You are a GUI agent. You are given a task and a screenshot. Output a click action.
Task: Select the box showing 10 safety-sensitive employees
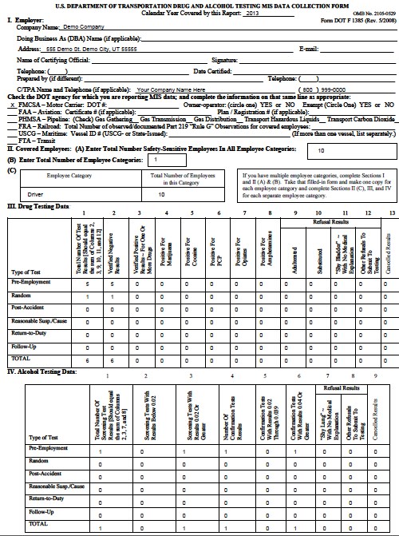(320, 149)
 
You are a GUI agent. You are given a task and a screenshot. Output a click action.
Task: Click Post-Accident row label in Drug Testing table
(29, 306)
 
